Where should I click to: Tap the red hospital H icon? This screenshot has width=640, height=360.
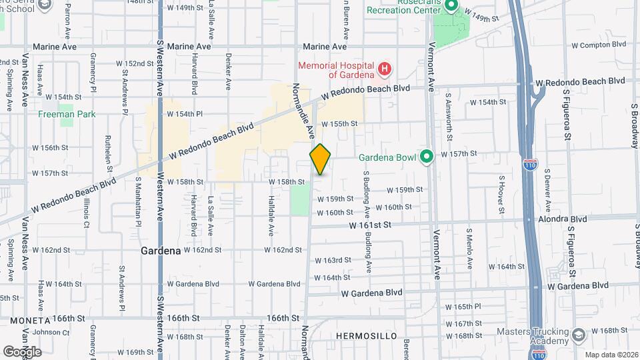pos(384,69)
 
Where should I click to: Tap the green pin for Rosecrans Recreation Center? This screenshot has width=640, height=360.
pos(451,7)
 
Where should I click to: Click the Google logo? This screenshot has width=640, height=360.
pos(22,351)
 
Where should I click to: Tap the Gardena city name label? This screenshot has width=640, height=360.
pos(161,251)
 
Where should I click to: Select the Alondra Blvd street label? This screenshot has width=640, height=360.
pos(564,219)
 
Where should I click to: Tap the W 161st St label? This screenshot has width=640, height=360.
pos(369,227)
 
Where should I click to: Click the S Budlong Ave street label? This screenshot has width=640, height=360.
pos(367,194)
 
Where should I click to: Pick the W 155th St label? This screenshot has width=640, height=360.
pos(339,124)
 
